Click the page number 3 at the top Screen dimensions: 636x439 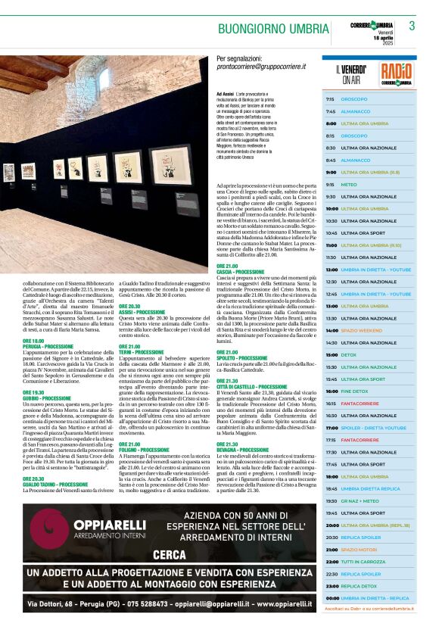coord(412,26)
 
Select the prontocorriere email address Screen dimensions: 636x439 coord(261,67)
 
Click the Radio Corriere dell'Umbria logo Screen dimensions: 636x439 coord(397,73)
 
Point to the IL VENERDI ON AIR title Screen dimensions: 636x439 coord(351,74)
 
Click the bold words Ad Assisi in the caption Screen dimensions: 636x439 coord(225,93)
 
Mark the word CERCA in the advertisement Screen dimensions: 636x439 coord(170,555)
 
